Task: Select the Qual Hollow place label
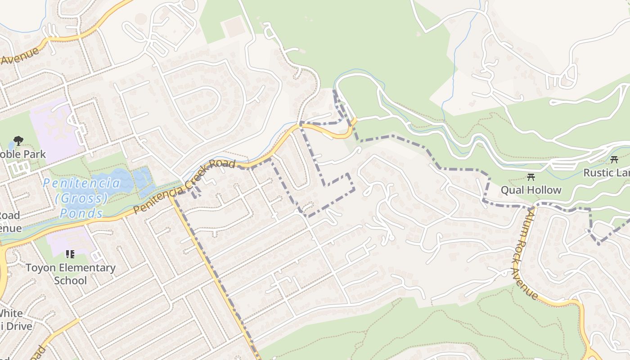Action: (531, 190)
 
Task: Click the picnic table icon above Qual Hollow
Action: (531, 177)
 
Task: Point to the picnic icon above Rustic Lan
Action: (614, 159)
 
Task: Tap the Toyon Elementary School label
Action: (70, 274)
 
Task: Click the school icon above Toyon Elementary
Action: (70, 254)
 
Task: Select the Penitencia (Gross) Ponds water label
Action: (82, 198)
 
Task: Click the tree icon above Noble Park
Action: (18, 141)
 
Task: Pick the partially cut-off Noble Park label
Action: (22, 154)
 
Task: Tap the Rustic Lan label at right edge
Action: (607, 173)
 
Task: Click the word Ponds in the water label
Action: (81, 213)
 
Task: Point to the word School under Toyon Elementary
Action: (70, 281)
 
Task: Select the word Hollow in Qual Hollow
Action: (545, 190)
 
